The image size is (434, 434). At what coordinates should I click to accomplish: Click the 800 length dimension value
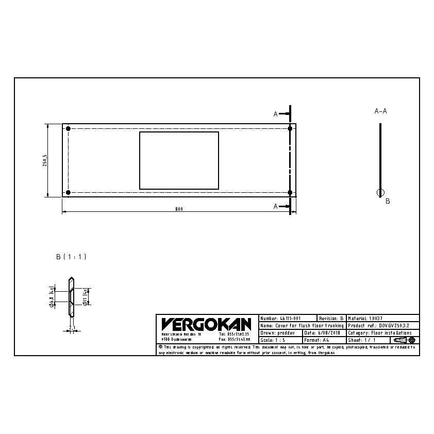178,209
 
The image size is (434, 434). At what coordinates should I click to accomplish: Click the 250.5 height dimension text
45,160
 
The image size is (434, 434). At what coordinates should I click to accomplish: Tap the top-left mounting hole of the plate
68,128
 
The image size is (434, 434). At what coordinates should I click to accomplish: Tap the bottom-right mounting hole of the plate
290,193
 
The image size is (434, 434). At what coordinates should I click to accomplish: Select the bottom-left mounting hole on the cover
68,193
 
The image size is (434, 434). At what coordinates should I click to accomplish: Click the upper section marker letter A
276,114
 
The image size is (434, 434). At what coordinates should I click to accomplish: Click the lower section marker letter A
276,206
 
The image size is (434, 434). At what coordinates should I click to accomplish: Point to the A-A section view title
380,111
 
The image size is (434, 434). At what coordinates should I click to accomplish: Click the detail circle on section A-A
380,193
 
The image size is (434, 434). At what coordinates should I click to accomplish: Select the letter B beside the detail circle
388,202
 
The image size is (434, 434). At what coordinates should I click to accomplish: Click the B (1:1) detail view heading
71,256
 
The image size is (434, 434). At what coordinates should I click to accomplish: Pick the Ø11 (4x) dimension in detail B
86,296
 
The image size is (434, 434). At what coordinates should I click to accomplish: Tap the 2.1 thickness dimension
72,327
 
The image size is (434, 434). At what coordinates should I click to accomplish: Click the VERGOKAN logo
206,324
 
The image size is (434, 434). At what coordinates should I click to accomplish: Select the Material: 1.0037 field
365,319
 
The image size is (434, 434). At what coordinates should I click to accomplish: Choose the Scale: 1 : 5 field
273,340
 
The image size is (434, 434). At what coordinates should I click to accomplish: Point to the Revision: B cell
331,319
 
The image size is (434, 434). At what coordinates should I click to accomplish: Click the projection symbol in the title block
406,340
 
